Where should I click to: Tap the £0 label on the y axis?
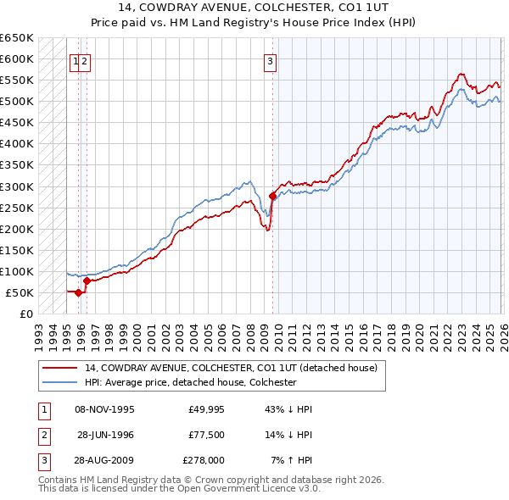coord(25,314)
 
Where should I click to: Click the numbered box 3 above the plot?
coord(270,60)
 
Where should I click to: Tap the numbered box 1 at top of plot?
coord(76,60)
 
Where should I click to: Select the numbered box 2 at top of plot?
coord(86,60)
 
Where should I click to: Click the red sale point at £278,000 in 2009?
coord(272,196)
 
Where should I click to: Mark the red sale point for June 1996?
coord(87,281)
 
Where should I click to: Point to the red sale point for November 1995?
coord(78,292)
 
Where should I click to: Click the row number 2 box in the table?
coord(43,435)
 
